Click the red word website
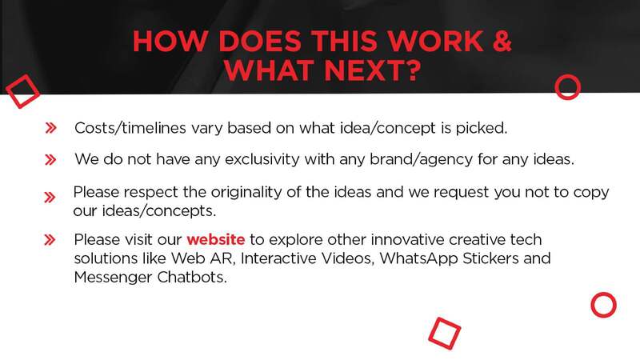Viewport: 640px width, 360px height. click(215, 239)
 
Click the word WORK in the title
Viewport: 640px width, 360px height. click(435, 41)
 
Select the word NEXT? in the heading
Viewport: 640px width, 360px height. click(372, 70)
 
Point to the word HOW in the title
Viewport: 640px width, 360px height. click(170, 41)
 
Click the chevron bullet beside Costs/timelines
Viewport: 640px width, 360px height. click(50, 128)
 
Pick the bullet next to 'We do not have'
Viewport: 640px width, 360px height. click(50, 159)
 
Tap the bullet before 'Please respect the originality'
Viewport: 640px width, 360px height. click(50, 198)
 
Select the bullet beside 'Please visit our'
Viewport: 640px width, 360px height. click(50, 239)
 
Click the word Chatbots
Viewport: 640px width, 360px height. click(192, 277)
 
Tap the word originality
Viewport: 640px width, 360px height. click(246, 192)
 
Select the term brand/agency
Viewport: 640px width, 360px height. click(422, 159)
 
